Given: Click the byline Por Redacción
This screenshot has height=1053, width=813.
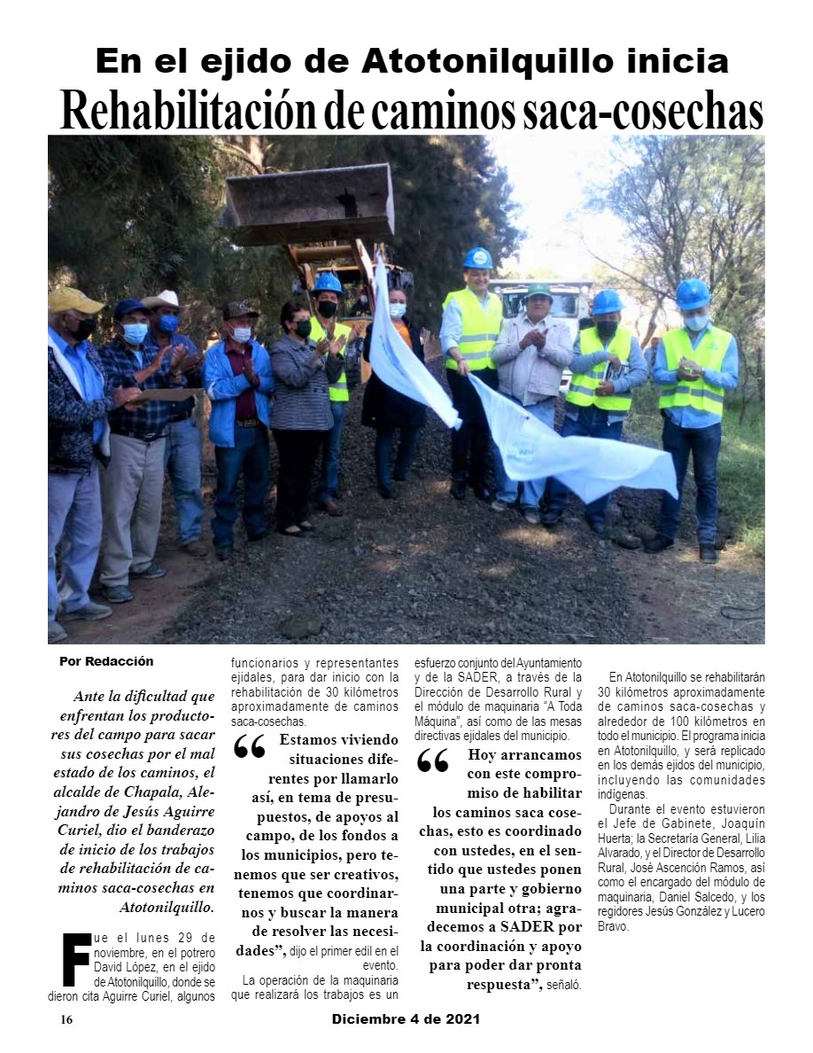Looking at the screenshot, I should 106,661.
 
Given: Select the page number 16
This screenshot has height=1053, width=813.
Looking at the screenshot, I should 66,1020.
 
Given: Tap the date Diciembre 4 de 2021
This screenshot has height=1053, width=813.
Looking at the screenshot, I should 406,1019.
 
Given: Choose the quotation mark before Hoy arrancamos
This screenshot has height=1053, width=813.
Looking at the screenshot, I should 433,761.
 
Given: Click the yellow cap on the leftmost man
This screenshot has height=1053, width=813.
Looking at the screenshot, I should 74,300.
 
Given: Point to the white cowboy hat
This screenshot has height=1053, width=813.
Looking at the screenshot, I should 164,300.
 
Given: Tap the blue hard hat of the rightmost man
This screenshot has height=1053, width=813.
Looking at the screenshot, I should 693,292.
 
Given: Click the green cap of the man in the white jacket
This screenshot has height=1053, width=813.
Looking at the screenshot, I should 538,290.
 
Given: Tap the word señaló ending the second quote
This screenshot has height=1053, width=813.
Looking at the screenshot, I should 563,986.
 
